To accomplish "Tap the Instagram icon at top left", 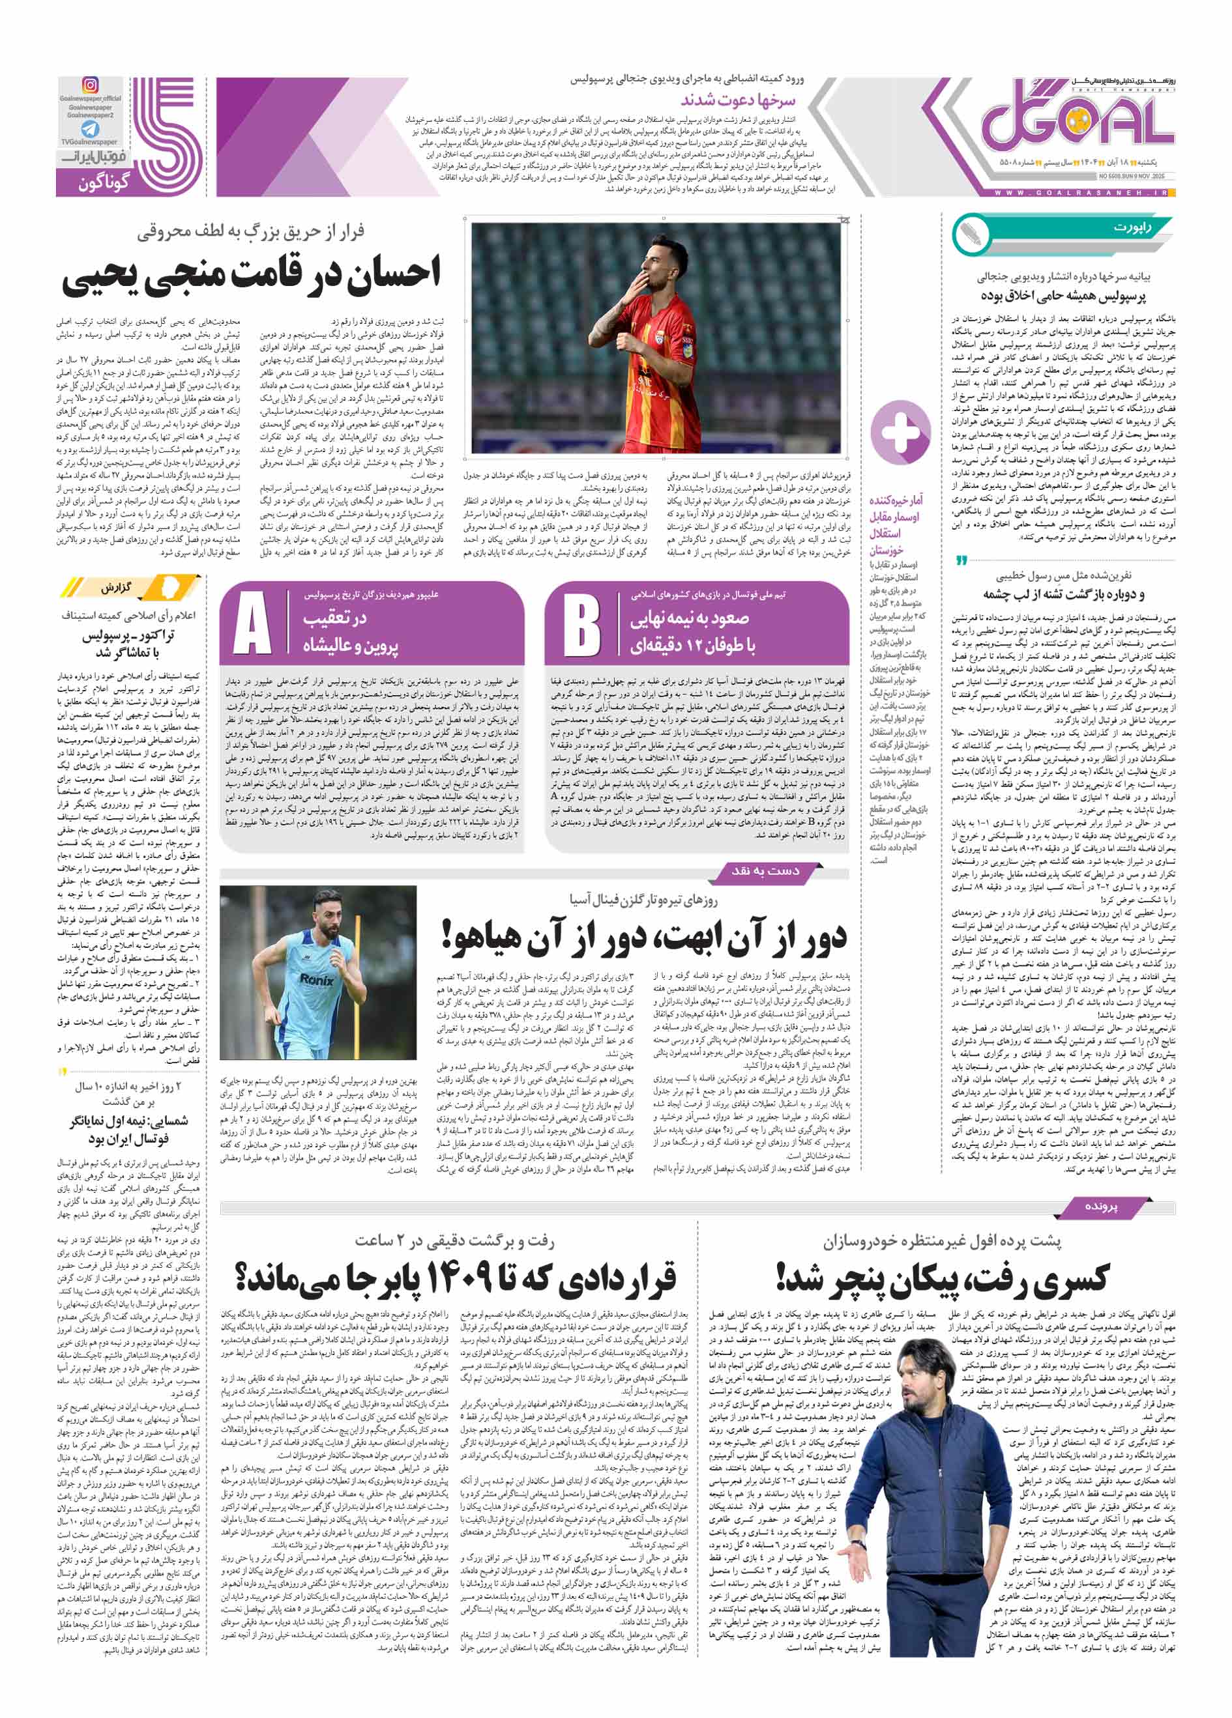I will coord(89,85).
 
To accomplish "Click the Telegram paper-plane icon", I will coord(90,129).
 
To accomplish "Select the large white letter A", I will coord(252,625).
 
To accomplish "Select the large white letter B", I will coord(582,625).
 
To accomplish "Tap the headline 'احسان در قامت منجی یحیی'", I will coord(251,274).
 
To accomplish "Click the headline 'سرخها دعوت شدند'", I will coord(737,99).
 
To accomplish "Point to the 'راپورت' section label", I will coord(1132,228).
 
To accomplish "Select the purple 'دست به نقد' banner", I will coord(765,872).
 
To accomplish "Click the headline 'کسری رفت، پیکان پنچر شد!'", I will coord(942,1279).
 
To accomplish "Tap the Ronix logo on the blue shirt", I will coord(316,981).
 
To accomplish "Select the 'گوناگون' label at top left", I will coord(104,182).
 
